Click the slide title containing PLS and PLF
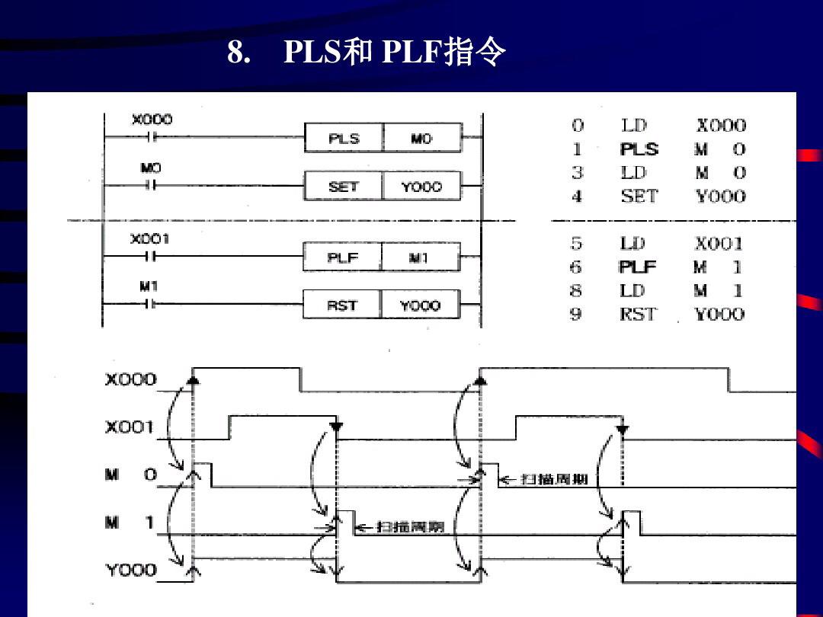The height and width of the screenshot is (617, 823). (367, 53)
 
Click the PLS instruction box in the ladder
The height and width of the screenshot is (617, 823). (343, 139)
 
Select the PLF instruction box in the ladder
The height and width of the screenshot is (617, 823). (342, 258)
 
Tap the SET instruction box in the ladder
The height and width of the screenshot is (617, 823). (343, 187)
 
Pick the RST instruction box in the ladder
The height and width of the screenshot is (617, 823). (342, 305)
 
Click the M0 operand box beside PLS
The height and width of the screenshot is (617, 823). (421, 139)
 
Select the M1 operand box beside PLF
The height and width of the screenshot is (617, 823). (420, 258)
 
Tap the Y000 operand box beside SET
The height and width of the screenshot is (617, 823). (421, 187)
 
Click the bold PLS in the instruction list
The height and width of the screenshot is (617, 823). (639, 149)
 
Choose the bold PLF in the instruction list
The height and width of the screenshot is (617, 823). (637, 267)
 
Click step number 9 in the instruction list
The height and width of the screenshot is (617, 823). (576, 314)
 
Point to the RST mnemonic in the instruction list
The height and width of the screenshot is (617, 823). (637, 314)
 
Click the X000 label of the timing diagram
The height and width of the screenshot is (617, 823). (130, 380)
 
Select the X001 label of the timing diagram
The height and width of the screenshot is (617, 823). (130, 428)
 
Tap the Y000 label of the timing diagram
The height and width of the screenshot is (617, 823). (130, 570)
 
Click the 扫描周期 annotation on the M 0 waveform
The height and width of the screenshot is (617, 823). (553, 479)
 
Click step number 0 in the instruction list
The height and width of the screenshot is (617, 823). (577, 126)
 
